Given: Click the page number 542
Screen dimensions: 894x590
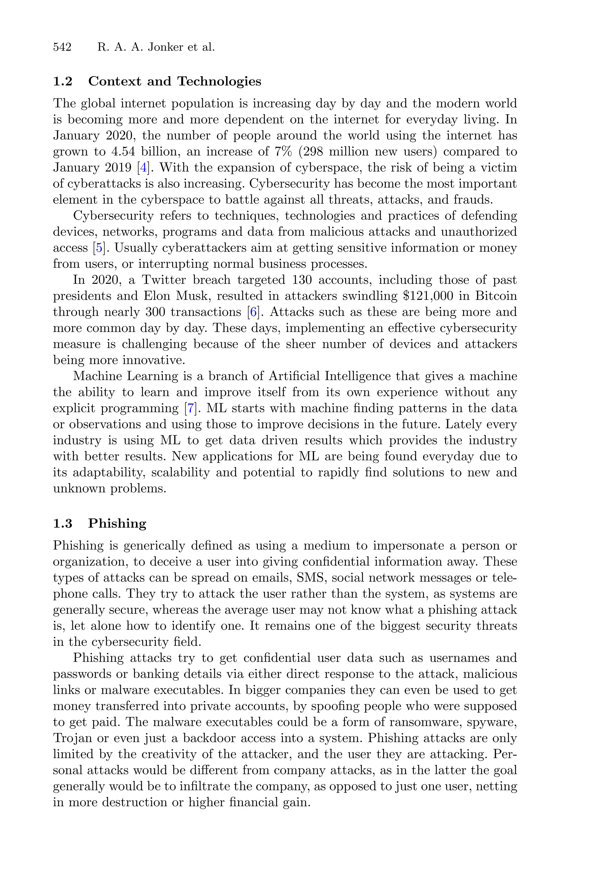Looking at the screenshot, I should coord(62,48).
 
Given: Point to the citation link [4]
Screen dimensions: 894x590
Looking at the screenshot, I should coord(143,168).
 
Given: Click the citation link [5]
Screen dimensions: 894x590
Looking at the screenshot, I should coord(99,248).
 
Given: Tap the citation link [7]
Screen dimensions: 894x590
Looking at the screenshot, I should coord(190,408).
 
